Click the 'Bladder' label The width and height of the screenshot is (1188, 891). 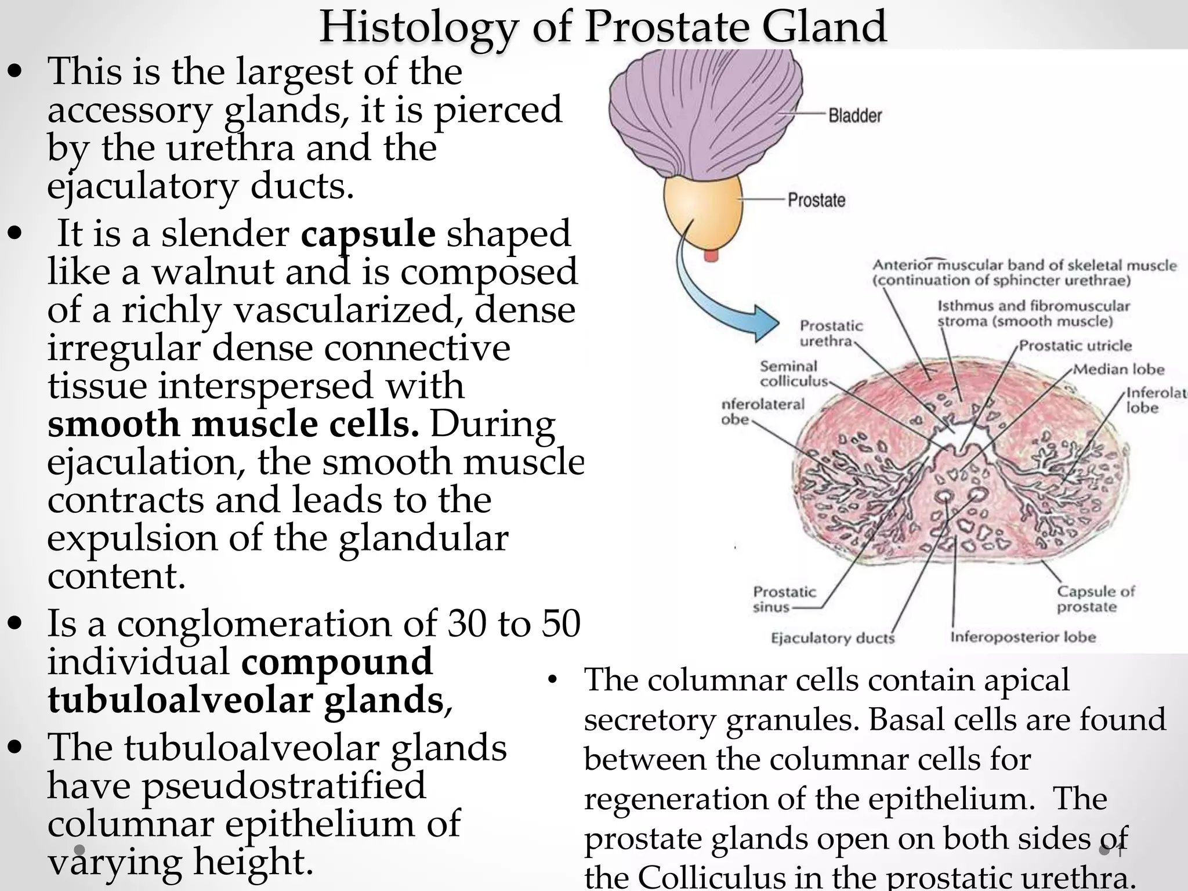[854, 115]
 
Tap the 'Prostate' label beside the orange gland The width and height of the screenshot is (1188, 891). [816, 200]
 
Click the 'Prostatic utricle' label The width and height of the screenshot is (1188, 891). [1075, 346]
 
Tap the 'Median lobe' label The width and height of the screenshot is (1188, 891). [1118, 370]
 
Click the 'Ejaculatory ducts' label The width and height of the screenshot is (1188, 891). [832, 638]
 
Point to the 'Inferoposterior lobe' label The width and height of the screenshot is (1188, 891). [1023, 637]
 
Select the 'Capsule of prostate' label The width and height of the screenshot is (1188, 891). [1095, 599]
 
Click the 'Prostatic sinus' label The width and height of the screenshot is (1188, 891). [784, 599]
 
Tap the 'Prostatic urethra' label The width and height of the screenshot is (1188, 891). [831, 333]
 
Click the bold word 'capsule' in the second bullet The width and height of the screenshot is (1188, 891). [368, 234]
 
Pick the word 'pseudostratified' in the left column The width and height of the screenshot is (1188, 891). [284, 785]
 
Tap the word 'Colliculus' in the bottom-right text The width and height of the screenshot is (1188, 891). [710, 876]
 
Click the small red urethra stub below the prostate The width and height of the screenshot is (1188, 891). [711, 255]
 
